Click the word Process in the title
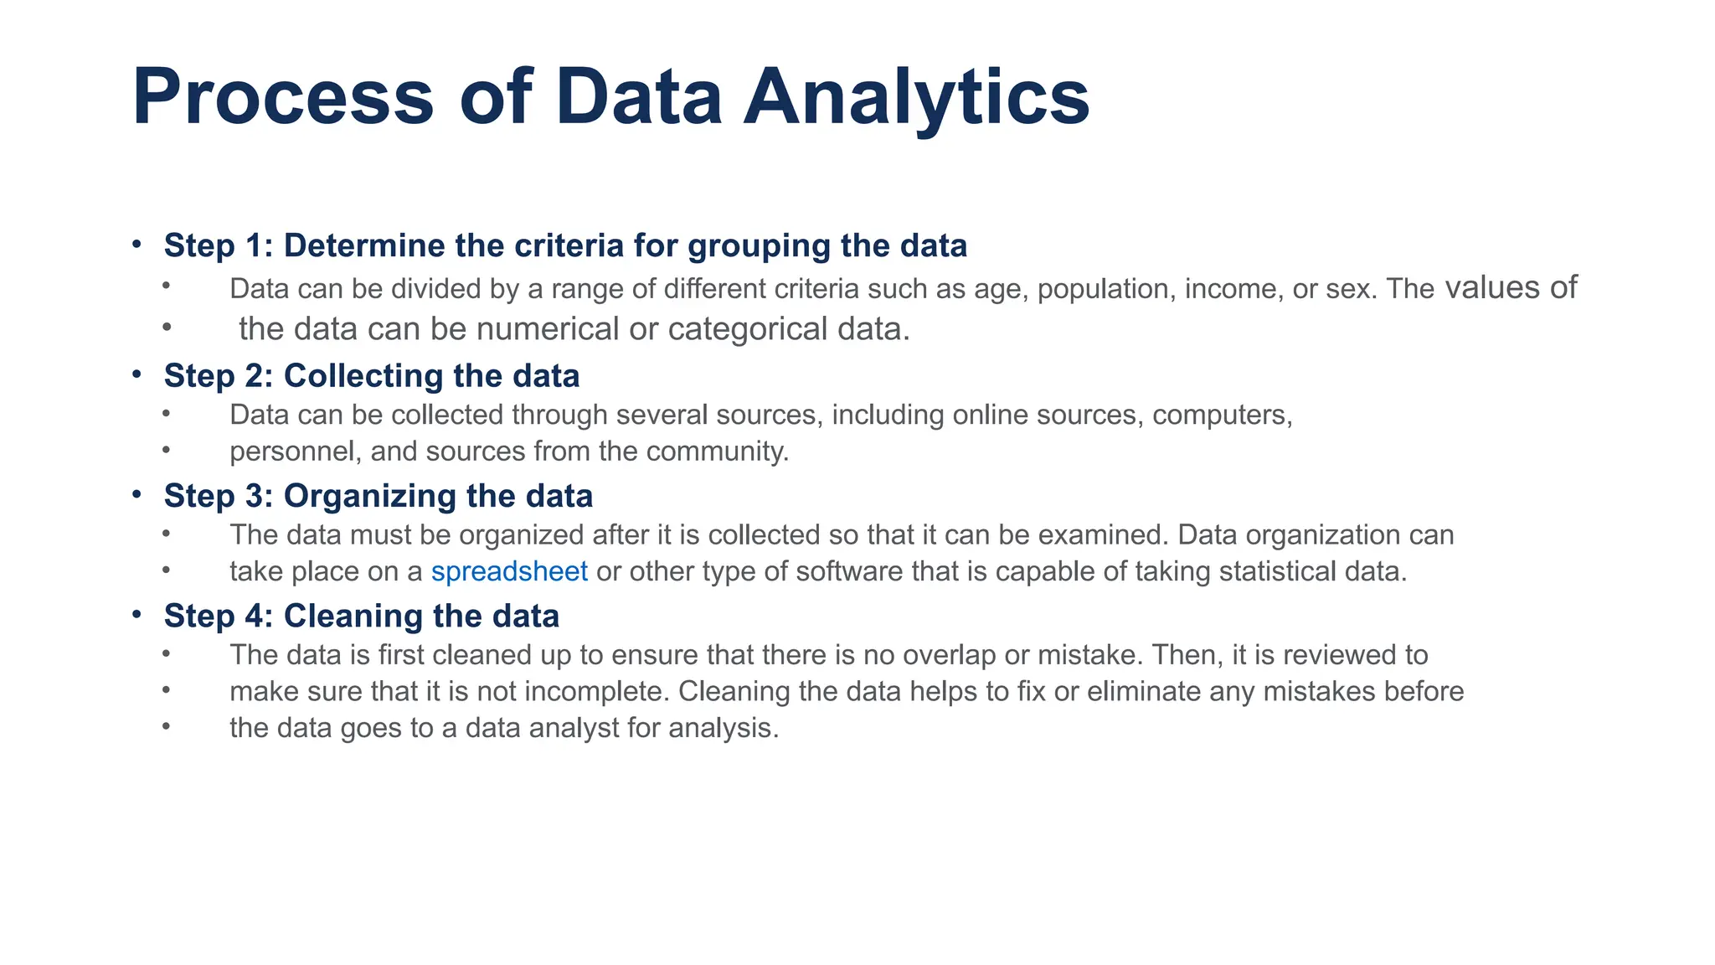pyautogui.click(x=283, y=97)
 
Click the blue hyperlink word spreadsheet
pyautogui.click(x=509, y=571)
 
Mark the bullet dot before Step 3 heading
pyautogui.click(x=136, y=495)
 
